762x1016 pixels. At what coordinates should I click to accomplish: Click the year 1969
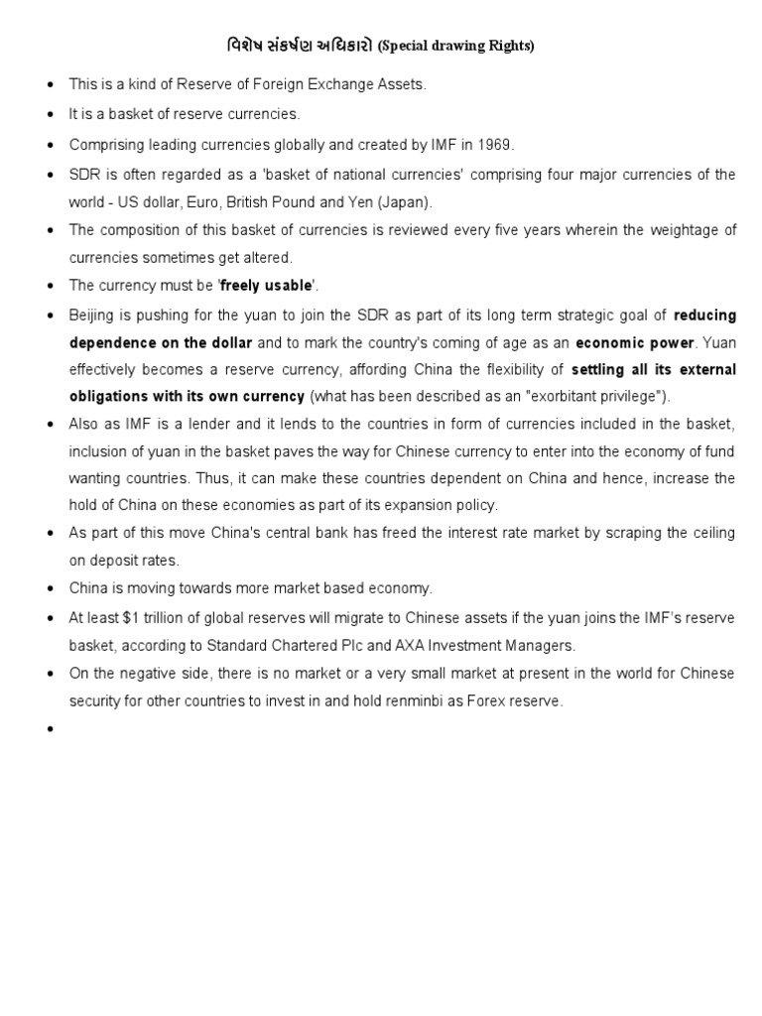pos(496,144)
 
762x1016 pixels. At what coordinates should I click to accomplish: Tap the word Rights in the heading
pos(509,47)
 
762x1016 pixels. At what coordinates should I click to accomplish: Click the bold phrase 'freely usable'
pos(266,286)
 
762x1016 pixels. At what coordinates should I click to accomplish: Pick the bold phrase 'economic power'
pos(635,342)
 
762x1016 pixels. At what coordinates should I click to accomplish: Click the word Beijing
pos(91,315)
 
